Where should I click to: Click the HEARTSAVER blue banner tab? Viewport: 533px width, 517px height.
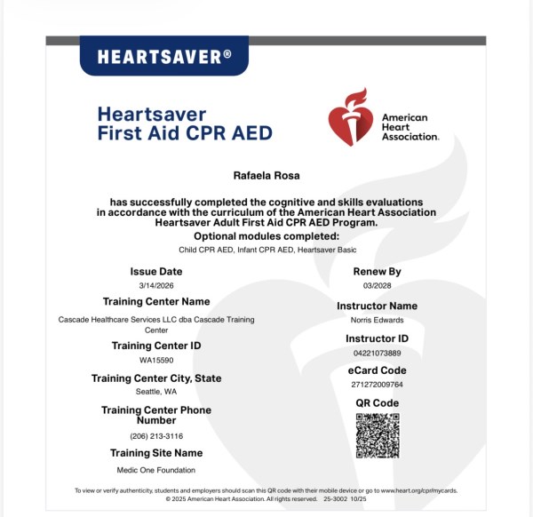[x=164, y=57]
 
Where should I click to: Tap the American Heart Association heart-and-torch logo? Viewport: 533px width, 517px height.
[x=349, y=116]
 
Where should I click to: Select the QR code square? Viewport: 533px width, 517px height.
[x=378, y=435]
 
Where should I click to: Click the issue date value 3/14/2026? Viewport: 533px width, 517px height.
[x=156, y=285]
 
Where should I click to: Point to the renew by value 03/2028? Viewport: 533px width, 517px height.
[x=378, y=285]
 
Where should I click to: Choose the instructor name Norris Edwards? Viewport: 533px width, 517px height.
[x=378, y=319]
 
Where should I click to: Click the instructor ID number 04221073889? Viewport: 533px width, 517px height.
[x=378, y=353]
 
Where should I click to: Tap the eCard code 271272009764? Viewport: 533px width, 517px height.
[x=378, y=385]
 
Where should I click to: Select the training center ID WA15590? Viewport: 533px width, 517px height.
[x=156, y=360]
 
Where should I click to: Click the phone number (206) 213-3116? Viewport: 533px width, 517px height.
[x=156, y=436]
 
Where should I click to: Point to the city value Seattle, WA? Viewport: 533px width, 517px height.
[x=156, y=392]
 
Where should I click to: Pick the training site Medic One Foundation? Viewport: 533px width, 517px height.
[x=156, y=470]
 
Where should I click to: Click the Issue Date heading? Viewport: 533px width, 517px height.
[x=156, y=271]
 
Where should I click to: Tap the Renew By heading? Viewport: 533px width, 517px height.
[x=378, y=271]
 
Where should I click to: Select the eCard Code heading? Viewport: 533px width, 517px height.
[x=378, y=370]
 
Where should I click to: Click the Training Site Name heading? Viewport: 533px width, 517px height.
[x=156, y=453]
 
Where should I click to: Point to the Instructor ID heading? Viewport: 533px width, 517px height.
[x=378, y=338]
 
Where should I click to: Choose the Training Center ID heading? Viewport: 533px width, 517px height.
[x=156, y=345]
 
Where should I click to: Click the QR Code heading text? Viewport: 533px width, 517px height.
[x=378, y=402]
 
